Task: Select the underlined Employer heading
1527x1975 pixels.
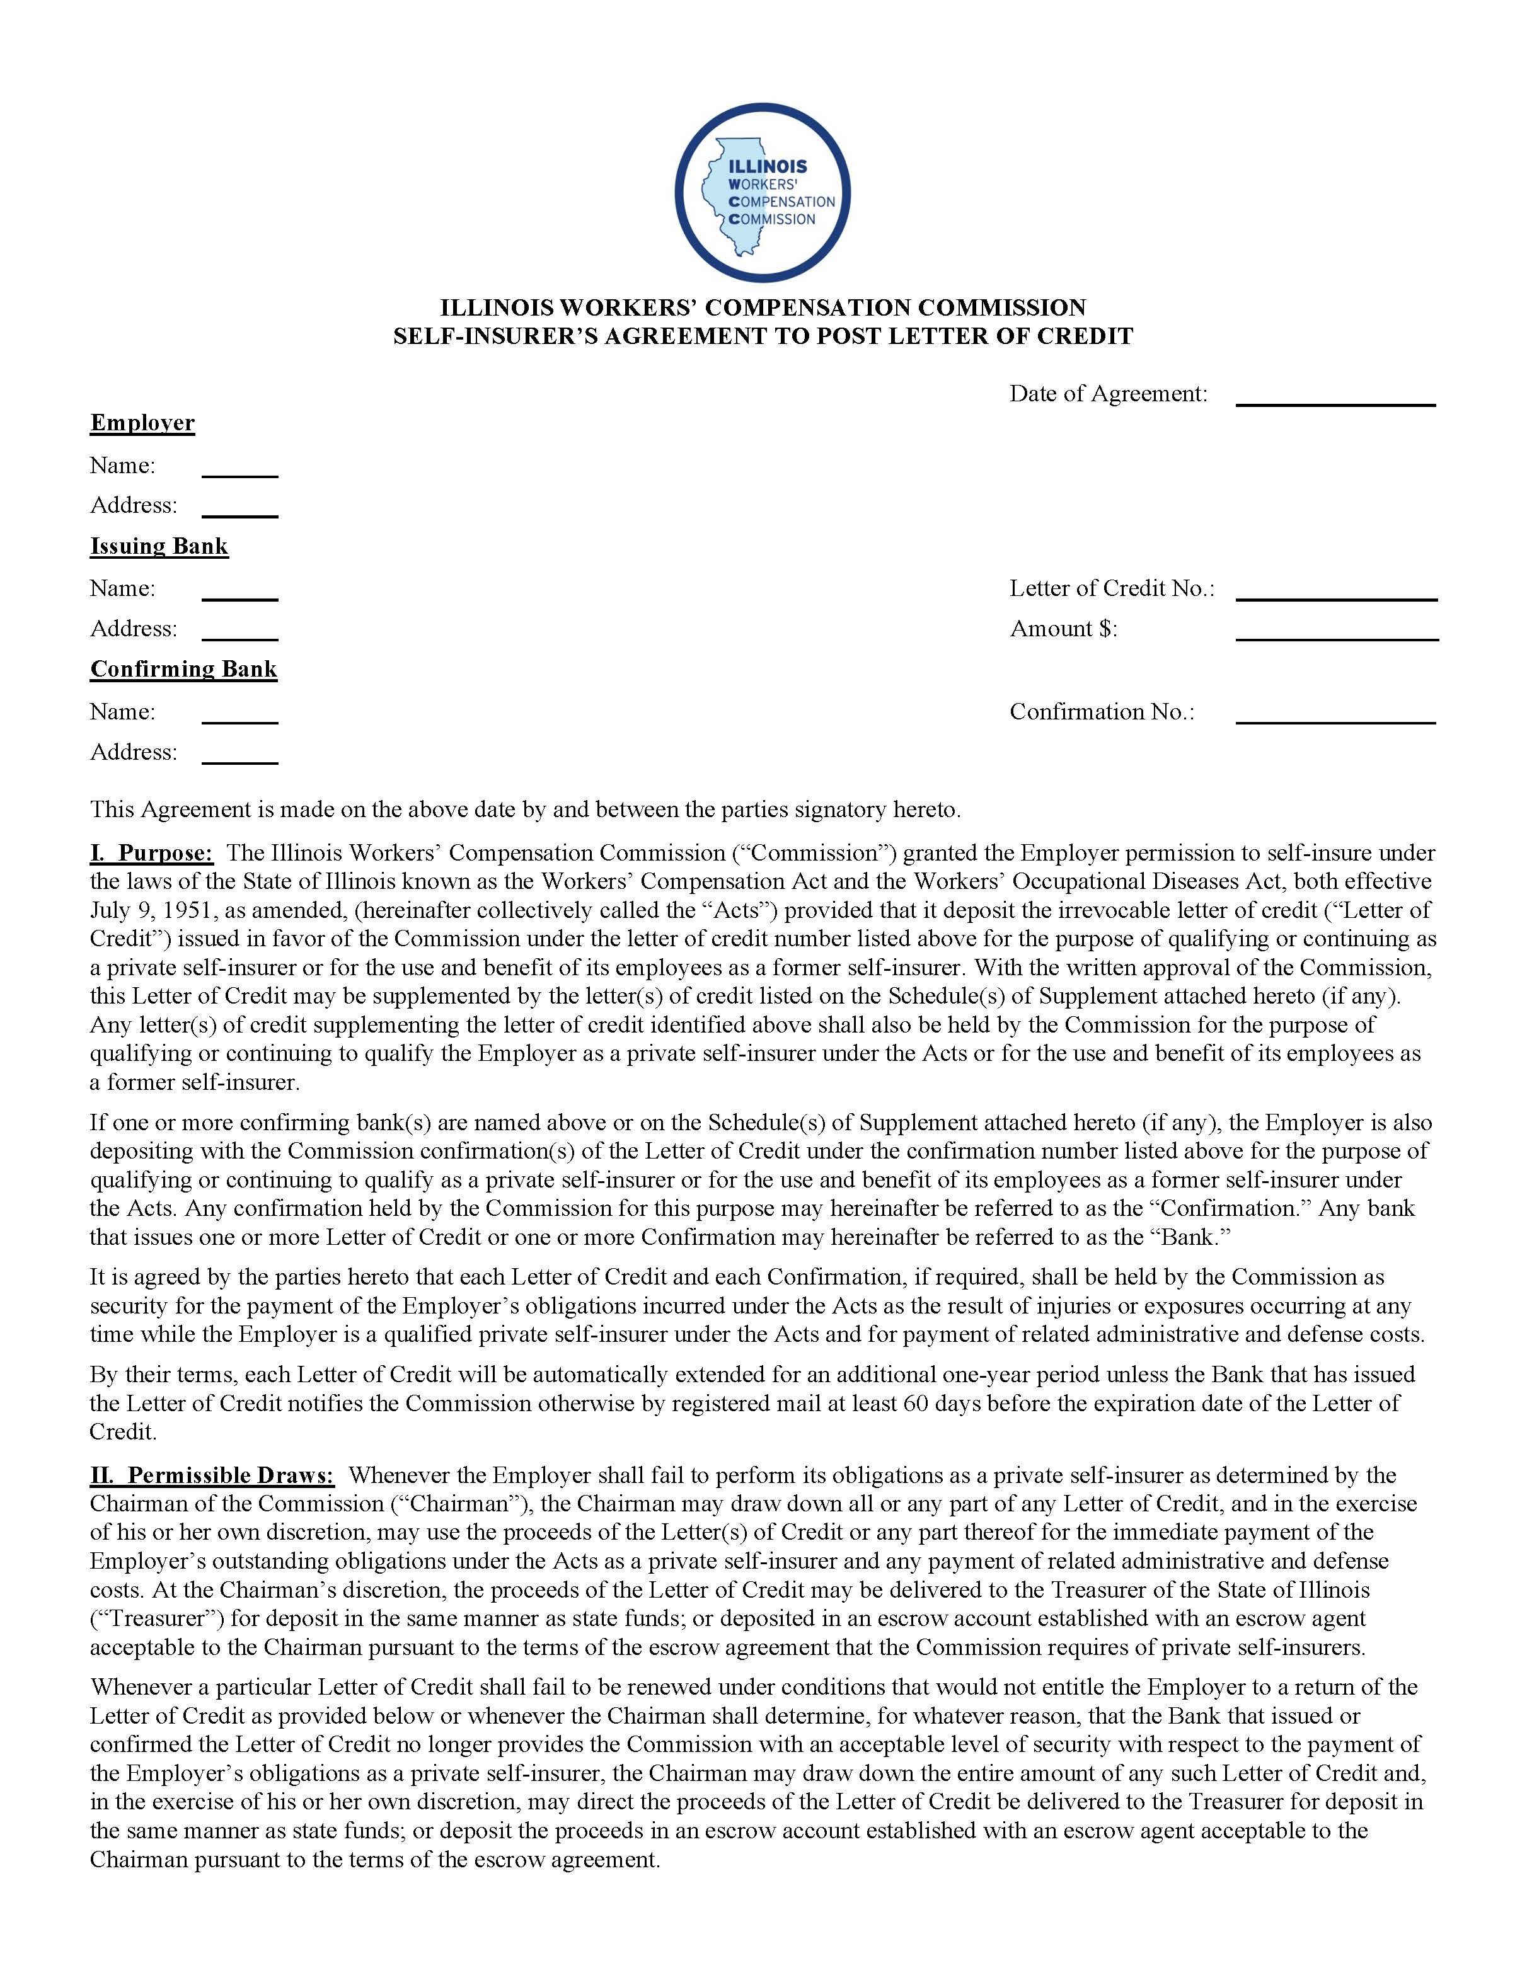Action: [142, 423]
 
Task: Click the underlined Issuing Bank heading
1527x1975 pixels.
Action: [159, 546]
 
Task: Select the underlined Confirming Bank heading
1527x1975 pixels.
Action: [183, 669]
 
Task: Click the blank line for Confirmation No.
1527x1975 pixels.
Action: [1335, 714]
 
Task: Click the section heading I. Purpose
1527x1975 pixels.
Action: [151, 853]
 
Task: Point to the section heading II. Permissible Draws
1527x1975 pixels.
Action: [212, 1475]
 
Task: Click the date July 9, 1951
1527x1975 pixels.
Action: [140, 910]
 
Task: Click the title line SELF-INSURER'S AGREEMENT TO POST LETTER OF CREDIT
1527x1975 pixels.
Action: [763, 336]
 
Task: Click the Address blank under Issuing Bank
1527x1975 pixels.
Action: [239, 631]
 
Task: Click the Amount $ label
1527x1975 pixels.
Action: [1064, 629]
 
